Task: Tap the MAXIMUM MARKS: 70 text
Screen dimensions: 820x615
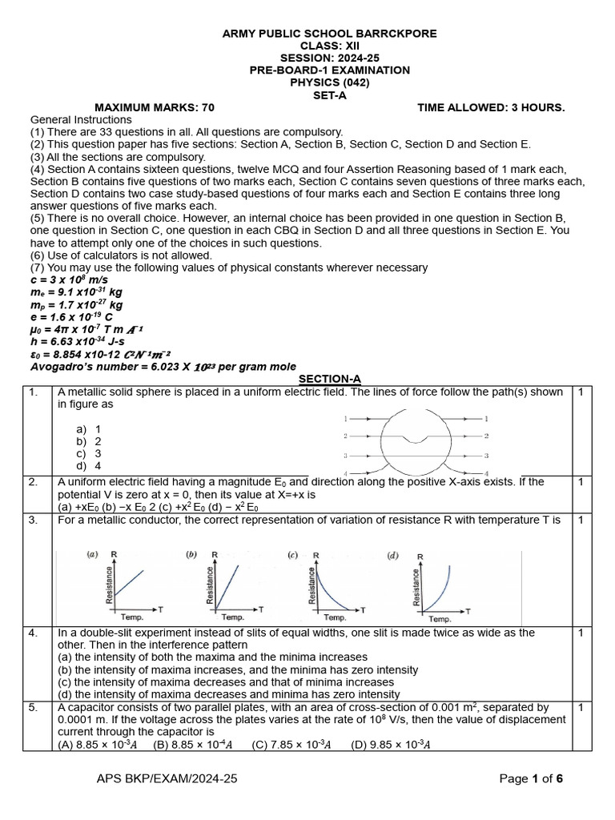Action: (155, 107)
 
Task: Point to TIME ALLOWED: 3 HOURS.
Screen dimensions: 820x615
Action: (491, 107)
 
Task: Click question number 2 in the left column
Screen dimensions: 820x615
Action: (33, 482)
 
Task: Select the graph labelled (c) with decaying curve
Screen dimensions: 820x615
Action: (327, 585)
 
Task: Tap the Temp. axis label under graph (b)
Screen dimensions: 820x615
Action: (232, 617)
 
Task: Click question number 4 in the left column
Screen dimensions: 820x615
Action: (33, 633)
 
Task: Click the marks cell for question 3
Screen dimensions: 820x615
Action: (580, 521)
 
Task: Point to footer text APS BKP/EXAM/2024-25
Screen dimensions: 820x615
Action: (167, 778)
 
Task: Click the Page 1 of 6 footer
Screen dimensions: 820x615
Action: (532, 778)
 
